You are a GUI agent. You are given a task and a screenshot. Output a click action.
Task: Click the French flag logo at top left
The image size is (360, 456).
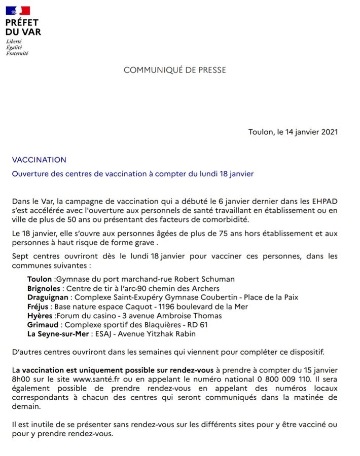pos(17,10)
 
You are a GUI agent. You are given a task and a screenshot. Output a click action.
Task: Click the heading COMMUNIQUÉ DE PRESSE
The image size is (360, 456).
pos(175,70)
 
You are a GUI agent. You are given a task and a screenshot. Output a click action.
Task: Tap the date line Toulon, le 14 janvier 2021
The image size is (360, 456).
pos(293,132)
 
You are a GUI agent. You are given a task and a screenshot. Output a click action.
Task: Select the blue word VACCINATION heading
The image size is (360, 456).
pos(39,160)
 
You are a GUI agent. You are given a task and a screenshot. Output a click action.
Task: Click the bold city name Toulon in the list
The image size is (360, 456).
pos(39,279)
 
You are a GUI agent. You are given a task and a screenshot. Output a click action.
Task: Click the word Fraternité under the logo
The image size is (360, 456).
pos(17,53)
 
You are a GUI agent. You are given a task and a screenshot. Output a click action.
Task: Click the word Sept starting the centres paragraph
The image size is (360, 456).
pos(20,256)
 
